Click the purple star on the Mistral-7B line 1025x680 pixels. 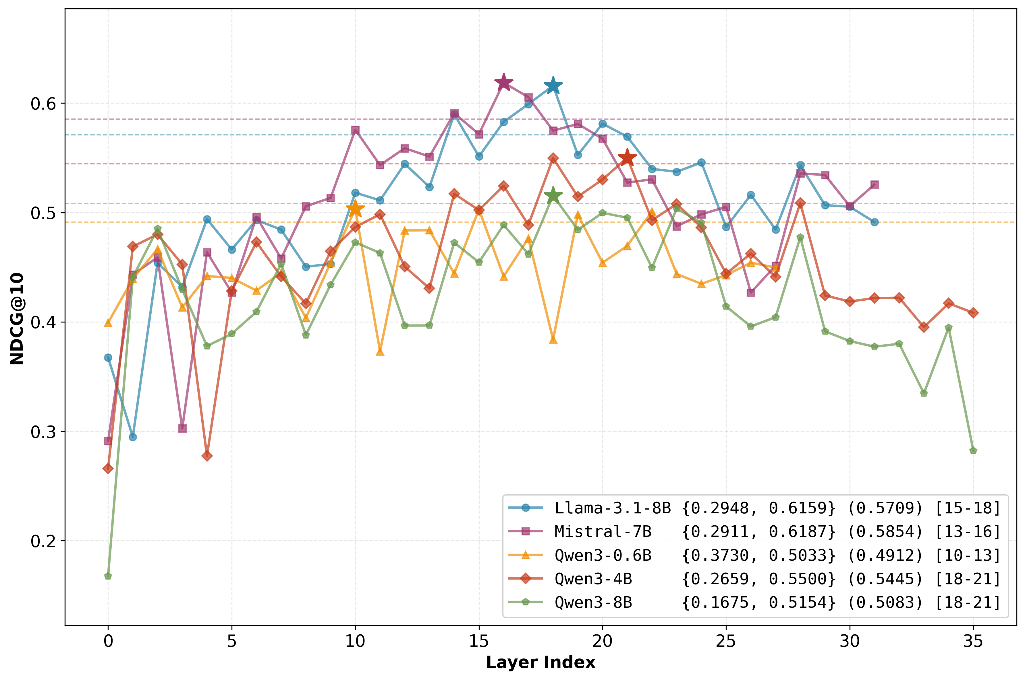[x=503, y=82]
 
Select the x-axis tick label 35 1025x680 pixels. [x=973, y=640]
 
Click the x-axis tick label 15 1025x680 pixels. [x=479, y=640]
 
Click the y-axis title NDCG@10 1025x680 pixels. [x=17, y=319]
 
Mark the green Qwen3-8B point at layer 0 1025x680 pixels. [x=108, y=576]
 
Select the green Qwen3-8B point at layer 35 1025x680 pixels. [x=973, y=450]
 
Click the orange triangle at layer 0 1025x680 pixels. [x=108, y=323]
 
